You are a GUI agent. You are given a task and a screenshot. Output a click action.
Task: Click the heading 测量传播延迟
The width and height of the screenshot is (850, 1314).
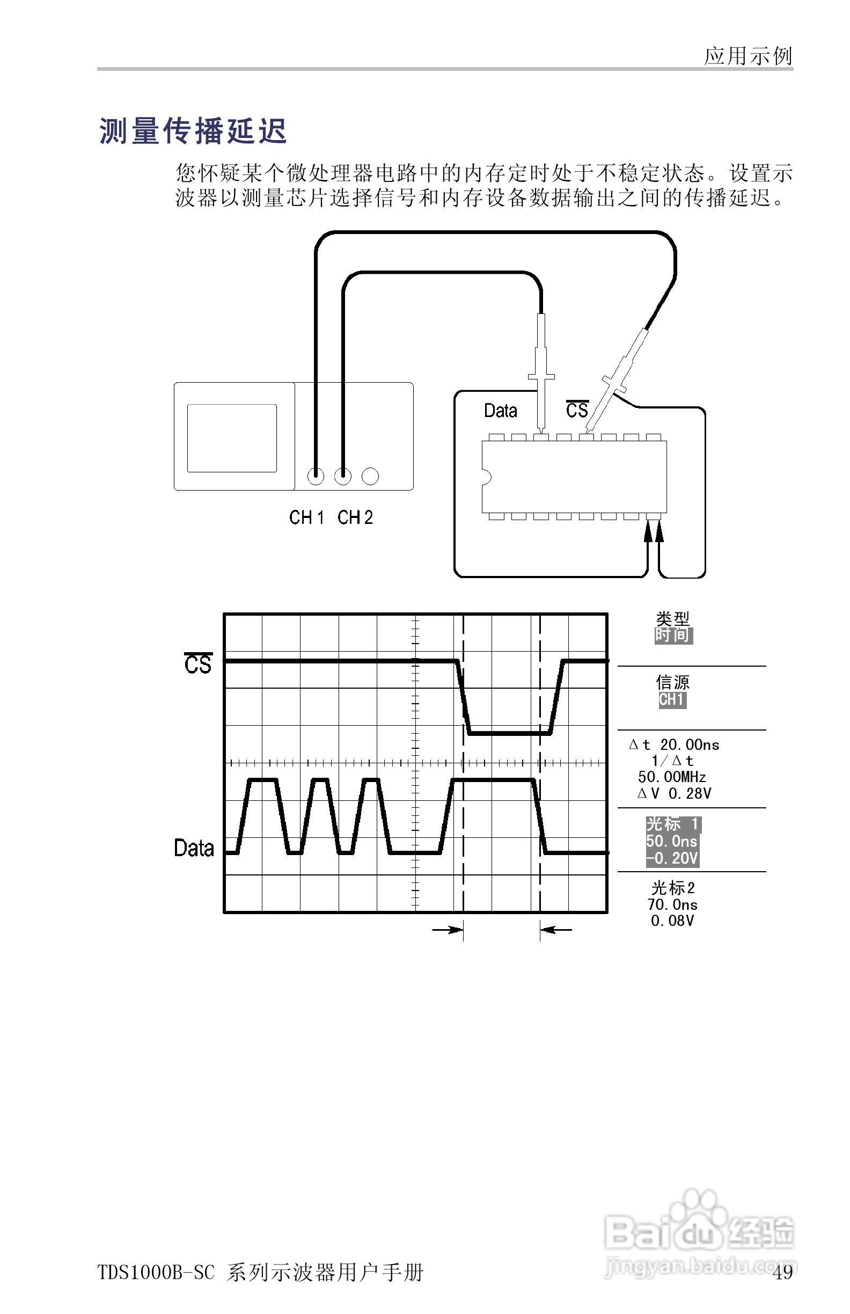coord(193,132)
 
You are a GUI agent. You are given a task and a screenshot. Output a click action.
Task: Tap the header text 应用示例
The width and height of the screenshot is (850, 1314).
coord(748,56)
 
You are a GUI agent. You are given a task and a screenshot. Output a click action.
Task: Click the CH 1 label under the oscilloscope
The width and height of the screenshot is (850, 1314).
coord(306,517)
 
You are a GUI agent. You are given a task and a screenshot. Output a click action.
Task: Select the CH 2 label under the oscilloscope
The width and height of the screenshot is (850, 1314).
coord(355,517)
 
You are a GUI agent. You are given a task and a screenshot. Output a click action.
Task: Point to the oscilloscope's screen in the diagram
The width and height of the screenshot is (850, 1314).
coord(232,438)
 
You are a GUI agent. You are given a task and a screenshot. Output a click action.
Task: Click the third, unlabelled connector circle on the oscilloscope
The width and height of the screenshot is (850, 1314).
coord(370,476)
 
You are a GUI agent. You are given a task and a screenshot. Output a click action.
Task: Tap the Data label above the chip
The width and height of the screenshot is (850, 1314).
coord(500,411)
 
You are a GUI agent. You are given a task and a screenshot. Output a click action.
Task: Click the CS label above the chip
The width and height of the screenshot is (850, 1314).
coord(577,410)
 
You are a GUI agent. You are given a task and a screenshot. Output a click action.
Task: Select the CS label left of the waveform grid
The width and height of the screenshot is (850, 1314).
coord(197,663)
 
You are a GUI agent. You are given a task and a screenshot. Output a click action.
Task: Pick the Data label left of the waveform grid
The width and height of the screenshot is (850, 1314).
coord(194,848)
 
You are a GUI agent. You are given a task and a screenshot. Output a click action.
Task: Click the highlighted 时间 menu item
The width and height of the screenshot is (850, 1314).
coord(673,636)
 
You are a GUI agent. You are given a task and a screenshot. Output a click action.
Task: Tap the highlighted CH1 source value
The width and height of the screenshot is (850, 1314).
coord(672,699)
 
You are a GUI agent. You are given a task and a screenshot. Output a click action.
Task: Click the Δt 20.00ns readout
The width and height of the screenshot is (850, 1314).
coord(674,745)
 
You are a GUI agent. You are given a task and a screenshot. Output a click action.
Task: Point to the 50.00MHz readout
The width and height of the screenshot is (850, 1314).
coord(672,777)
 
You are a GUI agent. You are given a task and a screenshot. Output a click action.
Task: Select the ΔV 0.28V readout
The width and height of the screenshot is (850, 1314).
coord(674,793)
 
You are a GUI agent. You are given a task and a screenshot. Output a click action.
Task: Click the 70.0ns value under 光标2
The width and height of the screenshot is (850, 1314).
coord(672,904)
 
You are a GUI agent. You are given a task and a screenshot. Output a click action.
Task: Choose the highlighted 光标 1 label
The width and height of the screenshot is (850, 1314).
coord(673,824)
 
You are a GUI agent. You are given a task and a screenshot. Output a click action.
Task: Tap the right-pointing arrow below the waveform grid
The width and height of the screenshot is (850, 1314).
coord(447,930)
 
